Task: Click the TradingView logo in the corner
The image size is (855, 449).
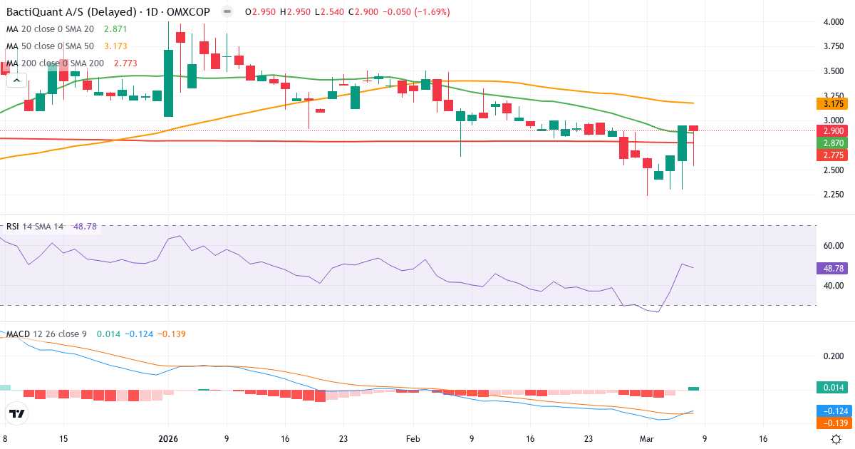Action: coord(17,413)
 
